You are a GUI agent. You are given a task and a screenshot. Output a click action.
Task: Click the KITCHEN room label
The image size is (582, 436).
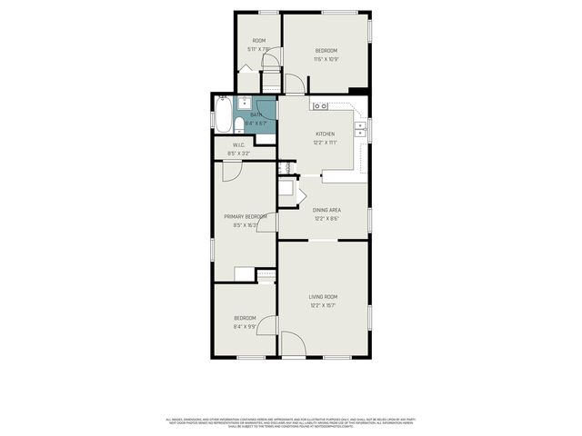(325, 134)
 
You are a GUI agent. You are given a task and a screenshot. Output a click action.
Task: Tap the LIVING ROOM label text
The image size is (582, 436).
(323, 297)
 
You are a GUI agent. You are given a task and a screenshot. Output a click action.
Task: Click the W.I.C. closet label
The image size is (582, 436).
(238, 145)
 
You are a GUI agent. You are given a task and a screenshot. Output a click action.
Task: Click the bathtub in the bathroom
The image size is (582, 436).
(223, 115)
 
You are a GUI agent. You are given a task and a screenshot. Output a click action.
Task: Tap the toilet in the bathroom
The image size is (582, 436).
(238, 124)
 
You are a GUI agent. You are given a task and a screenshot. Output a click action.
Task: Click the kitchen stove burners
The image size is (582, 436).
(320, 106)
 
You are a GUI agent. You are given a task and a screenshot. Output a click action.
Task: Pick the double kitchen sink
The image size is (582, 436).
(361, 128)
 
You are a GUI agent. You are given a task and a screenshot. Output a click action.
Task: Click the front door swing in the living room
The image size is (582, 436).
(293, 344)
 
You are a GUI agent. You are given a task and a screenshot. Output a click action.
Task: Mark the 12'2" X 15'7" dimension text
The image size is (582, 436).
(323, 305)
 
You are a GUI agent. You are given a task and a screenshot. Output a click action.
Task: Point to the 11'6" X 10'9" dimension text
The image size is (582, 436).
(326, 59)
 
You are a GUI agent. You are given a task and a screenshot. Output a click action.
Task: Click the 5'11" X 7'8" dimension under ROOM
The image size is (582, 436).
(258, 49)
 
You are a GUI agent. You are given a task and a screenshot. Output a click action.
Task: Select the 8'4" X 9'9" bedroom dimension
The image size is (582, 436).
(245, 327)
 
